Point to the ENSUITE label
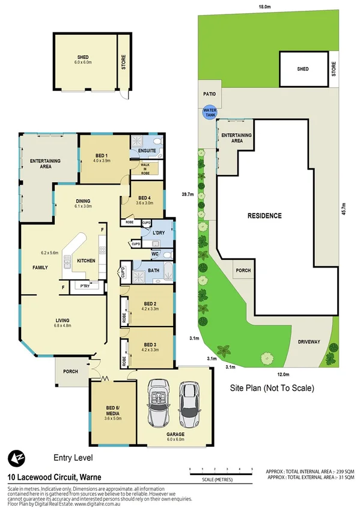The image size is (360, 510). [x=147, y=150]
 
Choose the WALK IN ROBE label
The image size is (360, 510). [x=145, y=168]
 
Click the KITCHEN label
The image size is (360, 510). [x=87, y=260]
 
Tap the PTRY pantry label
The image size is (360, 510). [x=84, y=287]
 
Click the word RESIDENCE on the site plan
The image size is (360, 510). [x=264, y=215]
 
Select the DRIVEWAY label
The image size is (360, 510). [x=309, y=342]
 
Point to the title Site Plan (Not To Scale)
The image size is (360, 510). [x=272, y=388]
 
